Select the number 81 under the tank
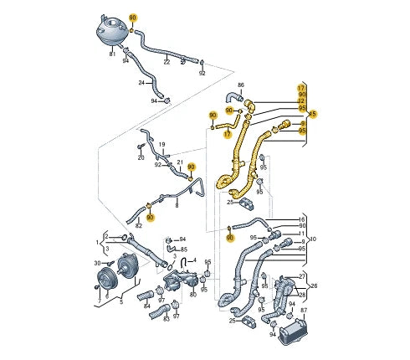(x=112, y=55)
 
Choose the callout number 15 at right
(x=314, y=113)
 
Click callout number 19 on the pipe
(x=162, y=144)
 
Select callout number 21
(x=179, y=161)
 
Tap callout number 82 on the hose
(x=139, y=226)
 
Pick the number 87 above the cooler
(x=304, y=311)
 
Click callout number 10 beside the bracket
(x=312, y=239)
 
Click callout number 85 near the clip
(x=184, y=249)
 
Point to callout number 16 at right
(x=302, y=219)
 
